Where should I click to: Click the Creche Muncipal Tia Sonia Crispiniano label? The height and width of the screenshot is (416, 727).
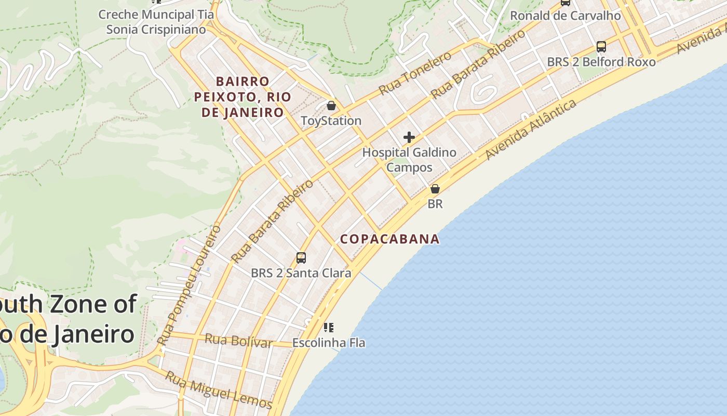(x=156, y=22)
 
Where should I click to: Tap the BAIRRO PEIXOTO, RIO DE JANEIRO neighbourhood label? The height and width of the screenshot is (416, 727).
(x=243, y=97)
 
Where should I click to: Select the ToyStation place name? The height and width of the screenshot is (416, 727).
(x=331, y=121)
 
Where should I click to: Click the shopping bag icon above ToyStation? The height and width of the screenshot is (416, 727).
(x=331, y=106)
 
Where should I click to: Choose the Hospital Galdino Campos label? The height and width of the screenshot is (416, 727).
(x=409, y=160)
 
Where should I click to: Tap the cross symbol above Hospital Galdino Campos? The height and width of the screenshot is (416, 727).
(x=409, y=137)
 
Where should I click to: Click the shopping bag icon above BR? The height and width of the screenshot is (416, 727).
(x=435, y=189)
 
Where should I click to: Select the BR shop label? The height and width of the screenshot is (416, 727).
(x=435, y=204)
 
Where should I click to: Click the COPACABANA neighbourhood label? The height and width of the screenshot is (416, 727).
(x=389, y=239)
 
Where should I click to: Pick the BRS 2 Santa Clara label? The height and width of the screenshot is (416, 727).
(x=301, y=273)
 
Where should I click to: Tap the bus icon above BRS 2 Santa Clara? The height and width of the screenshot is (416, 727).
(x=301, y=257)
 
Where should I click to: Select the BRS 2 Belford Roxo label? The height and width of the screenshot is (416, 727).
(x=601, y=62)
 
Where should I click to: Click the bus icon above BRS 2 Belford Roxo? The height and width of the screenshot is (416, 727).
(x=601, y=47)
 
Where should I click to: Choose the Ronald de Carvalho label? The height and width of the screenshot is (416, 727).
(x=565, y=16)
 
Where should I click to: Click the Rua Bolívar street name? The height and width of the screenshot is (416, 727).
(x=238, y=341)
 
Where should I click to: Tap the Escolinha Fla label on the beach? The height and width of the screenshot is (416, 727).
(x=328, y=343)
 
